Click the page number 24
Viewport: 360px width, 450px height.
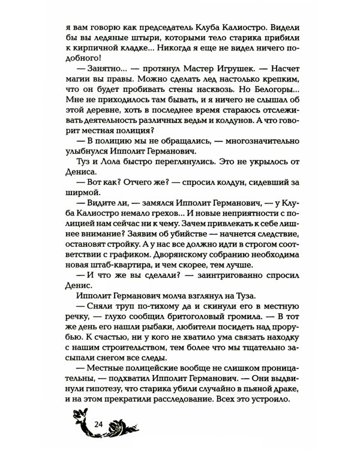coord(100,424)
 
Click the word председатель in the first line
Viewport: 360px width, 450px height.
coord(153,28)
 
